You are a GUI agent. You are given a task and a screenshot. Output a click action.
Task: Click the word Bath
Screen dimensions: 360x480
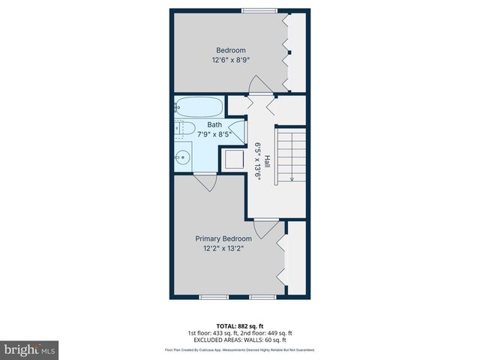(x=214, y=124)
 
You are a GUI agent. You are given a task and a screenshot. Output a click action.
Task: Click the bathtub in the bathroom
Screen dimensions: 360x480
(x=199, y=106)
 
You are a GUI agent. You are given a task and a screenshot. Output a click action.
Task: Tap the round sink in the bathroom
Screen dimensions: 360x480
(x=181, y=157)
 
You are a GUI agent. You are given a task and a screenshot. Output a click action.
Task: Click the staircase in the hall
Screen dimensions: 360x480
(x=291, y=155)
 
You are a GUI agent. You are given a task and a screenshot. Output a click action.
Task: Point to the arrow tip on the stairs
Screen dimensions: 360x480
(x=291, y=178)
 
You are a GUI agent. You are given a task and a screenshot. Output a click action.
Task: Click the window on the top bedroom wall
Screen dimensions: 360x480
(x=257, y=10)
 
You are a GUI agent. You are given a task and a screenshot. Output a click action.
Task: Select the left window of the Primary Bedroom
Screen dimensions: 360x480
(x=214, y=297)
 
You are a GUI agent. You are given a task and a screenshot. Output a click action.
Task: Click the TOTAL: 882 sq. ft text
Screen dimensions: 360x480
(x=239, y=325)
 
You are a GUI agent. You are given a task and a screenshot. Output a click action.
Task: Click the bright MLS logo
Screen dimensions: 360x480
(x=30, y=349)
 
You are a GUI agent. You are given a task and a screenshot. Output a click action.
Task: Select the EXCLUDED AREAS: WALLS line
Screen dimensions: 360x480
(x=239, y=340)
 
